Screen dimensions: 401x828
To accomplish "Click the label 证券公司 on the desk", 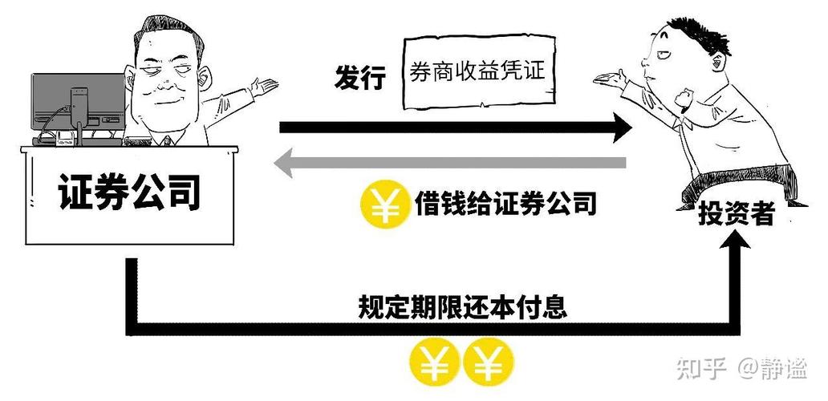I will [128, 192].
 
